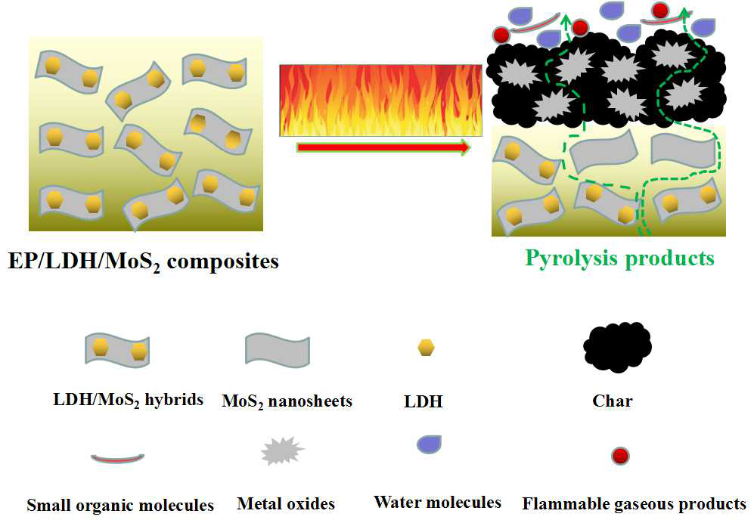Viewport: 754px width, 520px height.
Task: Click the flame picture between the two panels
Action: [380, 100]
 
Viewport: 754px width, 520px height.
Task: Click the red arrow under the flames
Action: [383, 147]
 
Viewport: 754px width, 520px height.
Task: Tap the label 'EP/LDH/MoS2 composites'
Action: [144, 262]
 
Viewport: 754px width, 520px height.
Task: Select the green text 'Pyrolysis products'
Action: [619, 258]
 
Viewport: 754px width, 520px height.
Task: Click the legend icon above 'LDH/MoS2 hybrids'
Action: [117, 349]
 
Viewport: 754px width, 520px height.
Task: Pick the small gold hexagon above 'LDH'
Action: [427, 348]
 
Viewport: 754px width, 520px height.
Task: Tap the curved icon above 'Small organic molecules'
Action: [117, 457]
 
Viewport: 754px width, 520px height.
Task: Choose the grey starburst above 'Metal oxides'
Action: [281, 452]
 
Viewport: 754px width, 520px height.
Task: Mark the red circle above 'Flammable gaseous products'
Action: [620, 455]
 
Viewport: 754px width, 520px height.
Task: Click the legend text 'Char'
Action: [613, 401]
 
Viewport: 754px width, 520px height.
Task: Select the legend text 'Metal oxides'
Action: [286, 503]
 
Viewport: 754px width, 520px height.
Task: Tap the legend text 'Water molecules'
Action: [437, 502]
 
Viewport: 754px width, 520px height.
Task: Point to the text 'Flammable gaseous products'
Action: [634, 503]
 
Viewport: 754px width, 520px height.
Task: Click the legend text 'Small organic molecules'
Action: [120, 505]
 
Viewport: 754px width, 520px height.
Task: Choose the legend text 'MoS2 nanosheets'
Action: [287, 401]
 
